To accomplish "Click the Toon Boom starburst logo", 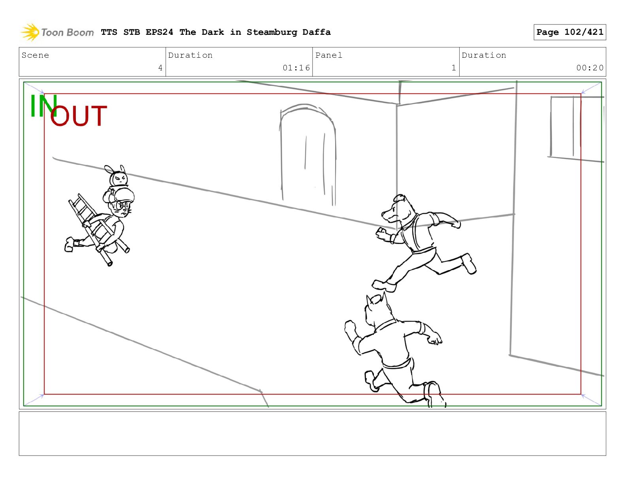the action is [x=30, y=32].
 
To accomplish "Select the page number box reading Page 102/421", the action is [x=569, y=32].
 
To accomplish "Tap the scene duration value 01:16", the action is [x=296, y=68].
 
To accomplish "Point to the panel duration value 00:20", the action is [x=590, y=68].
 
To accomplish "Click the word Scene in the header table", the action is [x=35, y=55].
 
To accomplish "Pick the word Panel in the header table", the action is [x=329, y=55].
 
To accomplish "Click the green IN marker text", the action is [x=43, y=106].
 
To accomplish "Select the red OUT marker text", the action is [x=79, y=116].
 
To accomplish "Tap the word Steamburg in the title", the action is [x=272, y=32].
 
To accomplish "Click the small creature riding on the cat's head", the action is [x=117, y=176].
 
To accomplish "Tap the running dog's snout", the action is [x=388, y=215].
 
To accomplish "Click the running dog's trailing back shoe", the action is [x=469, y=263].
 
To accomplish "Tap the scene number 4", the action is [x=160, y=68].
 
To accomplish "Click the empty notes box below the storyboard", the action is [x=313, y=433].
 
